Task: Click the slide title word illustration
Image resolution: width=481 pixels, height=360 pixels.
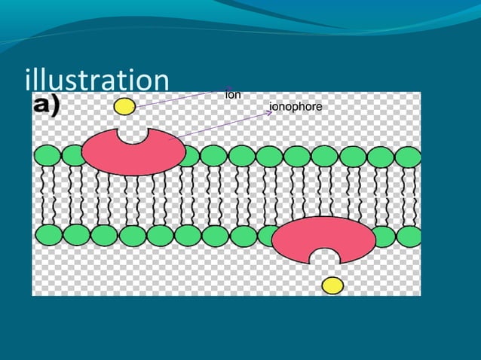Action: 97,81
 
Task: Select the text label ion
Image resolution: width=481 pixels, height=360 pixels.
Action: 233,95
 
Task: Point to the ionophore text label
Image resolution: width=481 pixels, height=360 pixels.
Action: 296,107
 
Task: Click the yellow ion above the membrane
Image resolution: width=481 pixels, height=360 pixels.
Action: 124,106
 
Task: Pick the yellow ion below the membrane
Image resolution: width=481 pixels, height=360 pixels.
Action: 332,285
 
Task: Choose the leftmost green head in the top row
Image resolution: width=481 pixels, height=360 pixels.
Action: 47,156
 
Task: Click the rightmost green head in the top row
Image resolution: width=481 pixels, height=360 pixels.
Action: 408,157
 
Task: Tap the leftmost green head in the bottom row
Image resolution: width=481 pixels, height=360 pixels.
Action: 47,234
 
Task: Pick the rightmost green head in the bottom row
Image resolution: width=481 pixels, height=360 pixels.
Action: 409,236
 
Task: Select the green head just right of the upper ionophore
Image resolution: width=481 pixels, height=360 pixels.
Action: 189,156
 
